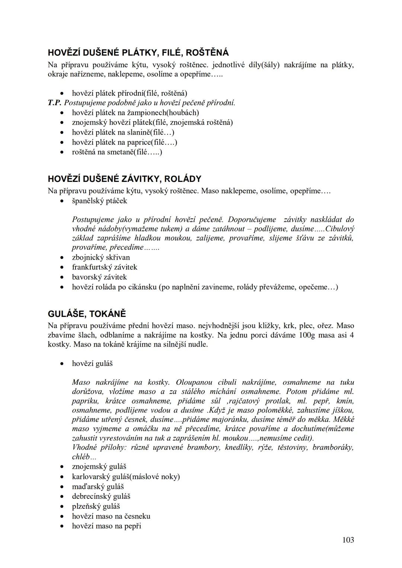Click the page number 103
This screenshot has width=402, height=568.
(x=348, y=540)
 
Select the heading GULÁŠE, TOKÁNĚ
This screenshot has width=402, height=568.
(x=87, y=314)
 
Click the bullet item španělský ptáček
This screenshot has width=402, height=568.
(x=99, y=201)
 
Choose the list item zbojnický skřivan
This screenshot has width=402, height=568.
(x=101, y=257)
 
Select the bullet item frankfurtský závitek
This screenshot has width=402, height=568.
(x=105, y=267)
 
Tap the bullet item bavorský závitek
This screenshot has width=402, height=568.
(x=99, y=277)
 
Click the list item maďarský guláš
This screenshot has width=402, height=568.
(x=98, y=487)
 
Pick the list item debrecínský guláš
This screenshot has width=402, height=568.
(x=101, y=496)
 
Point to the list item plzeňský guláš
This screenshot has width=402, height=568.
(x=96, y=506)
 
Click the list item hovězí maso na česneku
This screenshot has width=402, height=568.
(x=111, y=516)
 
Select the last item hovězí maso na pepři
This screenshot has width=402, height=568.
(x=106, y=526)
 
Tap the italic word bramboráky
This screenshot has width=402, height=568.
(x=333, y=447)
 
